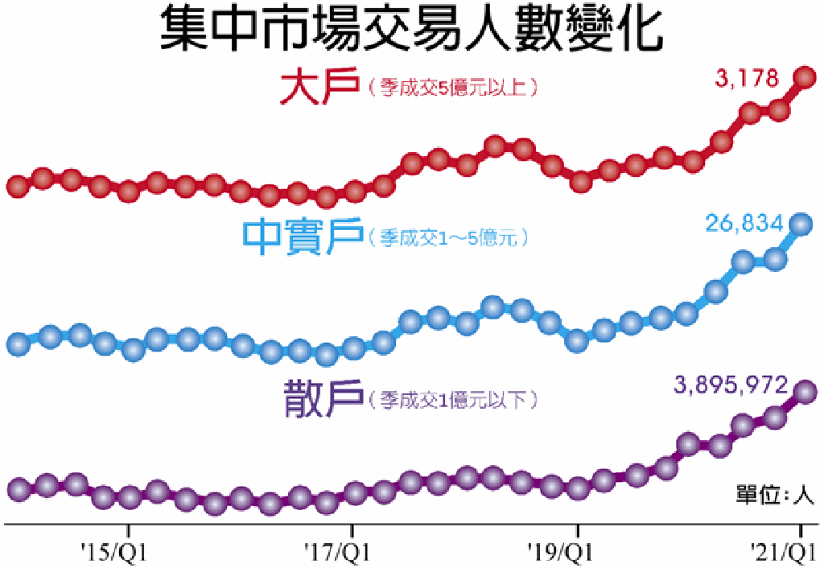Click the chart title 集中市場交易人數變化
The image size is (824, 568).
(411, 29)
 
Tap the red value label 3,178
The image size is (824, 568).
(747, 78)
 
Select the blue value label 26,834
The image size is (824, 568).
(744, 224)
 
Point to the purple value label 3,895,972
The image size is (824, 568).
(731, 385)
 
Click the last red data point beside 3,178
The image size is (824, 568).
(805, 78)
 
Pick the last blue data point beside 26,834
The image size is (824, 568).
(801, 224)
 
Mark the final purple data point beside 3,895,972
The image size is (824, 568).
(805, 392)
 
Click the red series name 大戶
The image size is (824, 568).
(320, 86)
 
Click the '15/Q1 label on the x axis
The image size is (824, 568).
(114, 552)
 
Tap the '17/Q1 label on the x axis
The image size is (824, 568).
(338, 552)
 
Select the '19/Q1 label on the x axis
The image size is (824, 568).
(561, 552)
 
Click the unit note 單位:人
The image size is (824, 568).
(775, 495)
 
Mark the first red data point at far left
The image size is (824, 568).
(18, 186)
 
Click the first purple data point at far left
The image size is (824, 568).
(20, 489)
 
